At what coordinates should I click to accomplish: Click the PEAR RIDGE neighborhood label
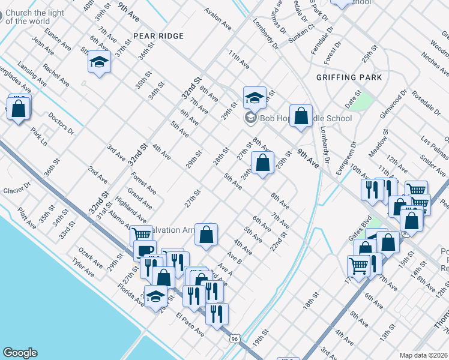pyautogui.click(x=158, y=36)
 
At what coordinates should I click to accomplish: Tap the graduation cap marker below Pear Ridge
pyautogui.click(x=100, y=62)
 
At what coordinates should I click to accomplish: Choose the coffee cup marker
pyautogui.click(x=145, y=251)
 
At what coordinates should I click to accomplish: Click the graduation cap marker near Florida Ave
pyautogui.click(x=156, y=296)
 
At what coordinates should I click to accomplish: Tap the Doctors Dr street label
pyautogui.click(x=61, y=124)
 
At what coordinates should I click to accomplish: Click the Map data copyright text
pyautogui.click(x=424, y=355)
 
